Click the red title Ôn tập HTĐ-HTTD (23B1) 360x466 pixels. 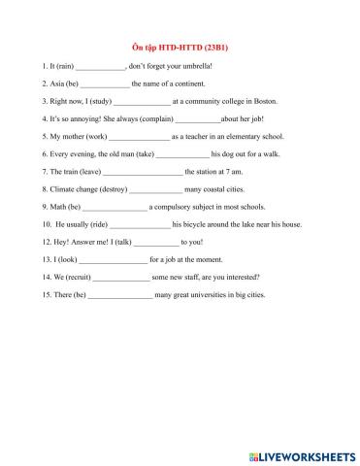point(179,47)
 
